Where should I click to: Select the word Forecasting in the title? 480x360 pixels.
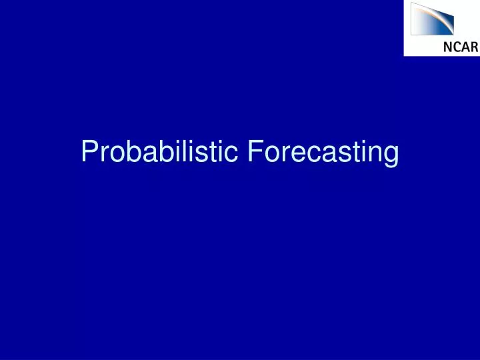[323, 152]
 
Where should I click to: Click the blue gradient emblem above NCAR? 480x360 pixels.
[432, 19]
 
